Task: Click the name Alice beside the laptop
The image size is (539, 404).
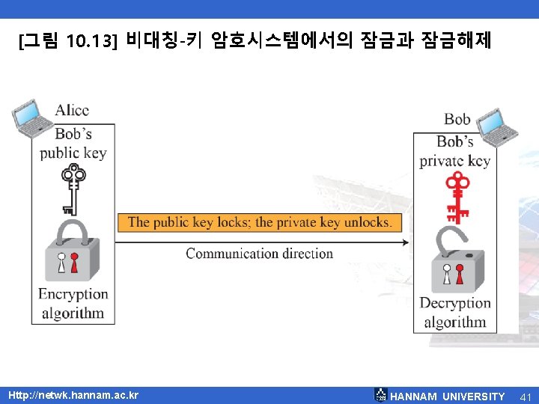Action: [x=72, y=110]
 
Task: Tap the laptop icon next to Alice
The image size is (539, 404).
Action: [x=28, y=117]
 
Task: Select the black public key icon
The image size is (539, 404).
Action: [x=72, y=189]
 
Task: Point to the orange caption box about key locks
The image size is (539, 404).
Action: [x=259, y=222]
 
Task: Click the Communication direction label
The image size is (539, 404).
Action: [x=259, y=253]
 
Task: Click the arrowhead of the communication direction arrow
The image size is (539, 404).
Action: [x=406, y=242]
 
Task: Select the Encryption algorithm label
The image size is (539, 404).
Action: [x=73, y=303]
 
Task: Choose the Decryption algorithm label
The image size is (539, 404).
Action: [x=455, y=313]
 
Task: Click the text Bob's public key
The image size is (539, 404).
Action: [x=73, y=144]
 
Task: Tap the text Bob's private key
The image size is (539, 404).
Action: [x=455, y=151]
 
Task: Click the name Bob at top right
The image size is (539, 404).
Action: [x=457, y=119]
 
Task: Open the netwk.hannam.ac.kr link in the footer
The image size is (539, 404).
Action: [x=73, y=394]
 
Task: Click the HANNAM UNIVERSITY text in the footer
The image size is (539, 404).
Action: [x=448, y=396]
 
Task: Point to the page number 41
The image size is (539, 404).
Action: [x=525, y=396]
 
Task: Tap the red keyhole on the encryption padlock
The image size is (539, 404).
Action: [x=74, y=263]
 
